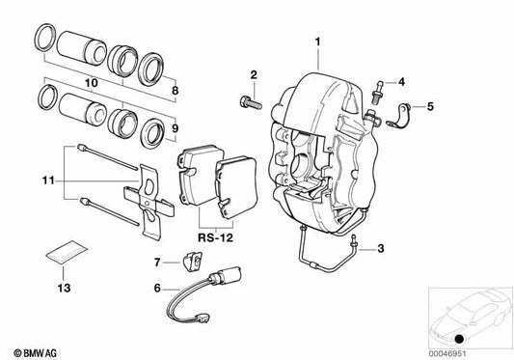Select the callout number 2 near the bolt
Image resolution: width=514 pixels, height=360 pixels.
pos(254,74)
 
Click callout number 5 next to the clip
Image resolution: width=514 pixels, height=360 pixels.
pos(430,107)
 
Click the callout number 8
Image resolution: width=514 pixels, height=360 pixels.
pos(175,92)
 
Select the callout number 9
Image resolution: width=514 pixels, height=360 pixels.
pos(175,126)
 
